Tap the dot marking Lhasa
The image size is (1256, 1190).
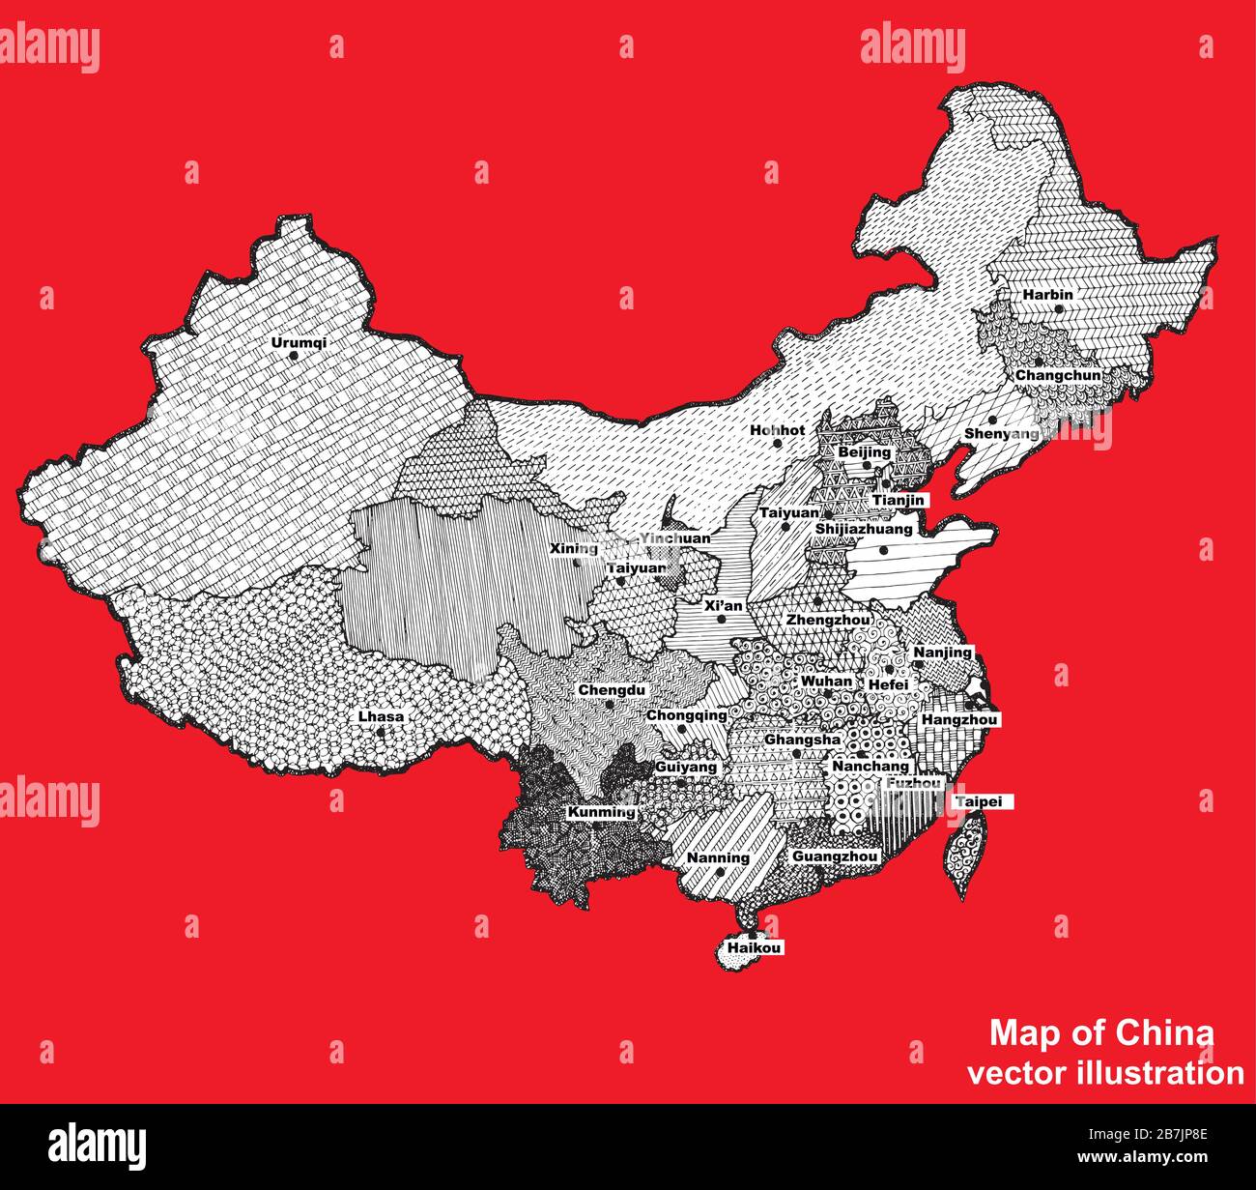382,732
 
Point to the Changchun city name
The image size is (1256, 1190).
1057,375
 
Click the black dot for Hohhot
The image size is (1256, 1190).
777,444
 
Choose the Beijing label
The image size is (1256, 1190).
864,452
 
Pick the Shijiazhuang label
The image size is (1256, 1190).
863,530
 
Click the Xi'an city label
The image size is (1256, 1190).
724,606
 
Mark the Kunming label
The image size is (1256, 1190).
601,812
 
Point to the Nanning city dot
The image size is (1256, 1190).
721,872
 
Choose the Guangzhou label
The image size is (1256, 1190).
835,856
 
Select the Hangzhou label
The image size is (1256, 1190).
959,720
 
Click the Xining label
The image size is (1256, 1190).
574,549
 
